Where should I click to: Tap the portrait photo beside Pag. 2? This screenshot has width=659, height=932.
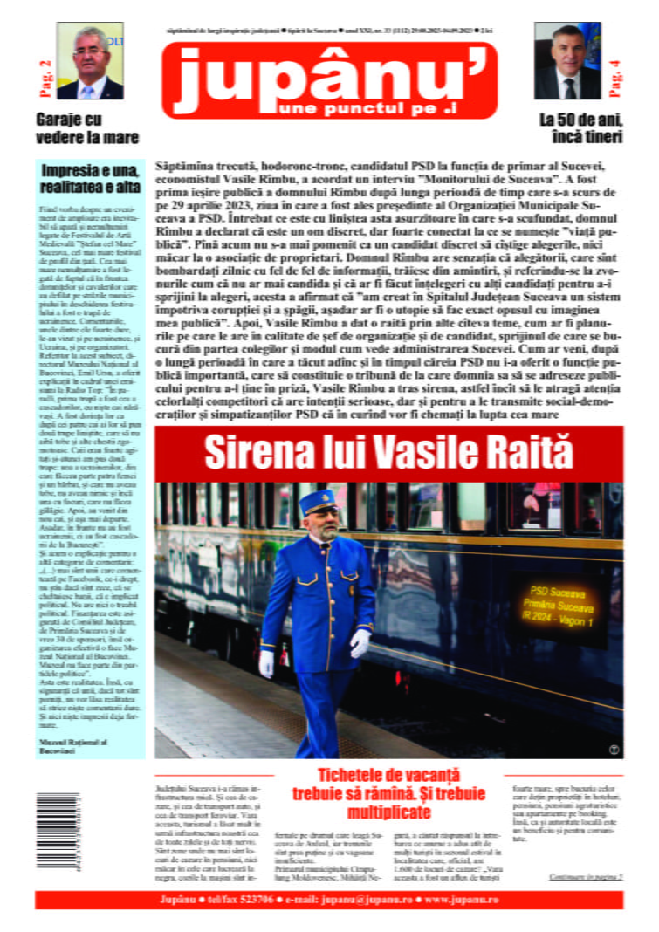(x=90, y=61)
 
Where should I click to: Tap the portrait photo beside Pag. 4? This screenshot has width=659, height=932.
(x=567, y=61)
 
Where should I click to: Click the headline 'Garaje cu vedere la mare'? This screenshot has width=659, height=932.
(x=87, y=127)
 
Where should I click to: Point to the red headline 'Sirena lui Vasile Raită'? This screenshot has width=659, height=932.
(x=388, y=451)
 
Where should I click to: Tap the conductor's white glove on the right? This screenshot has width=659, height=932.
(x=360, y=642)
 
